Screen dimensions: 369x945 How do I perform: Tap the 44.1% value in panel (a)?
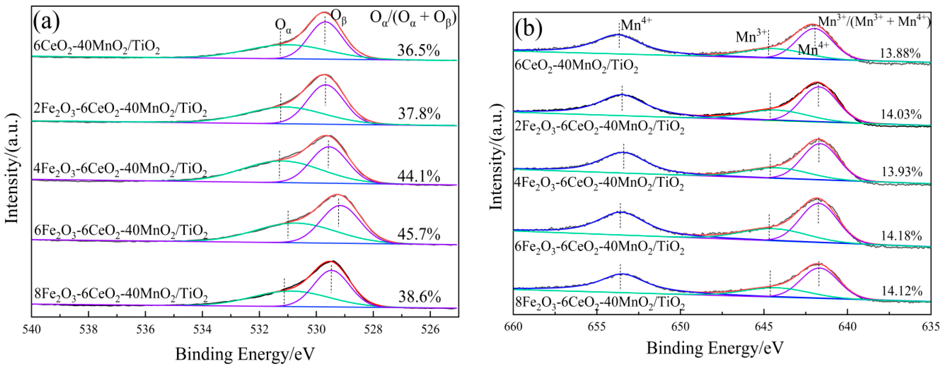pyautogui.click(x=418, y=177)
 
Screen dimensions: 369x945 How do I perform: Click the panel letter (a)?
pyautogui.click(x=47, y=23)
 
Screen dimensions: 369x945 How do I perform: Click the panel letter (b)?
pyautogui.click(x=529, y=28)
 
